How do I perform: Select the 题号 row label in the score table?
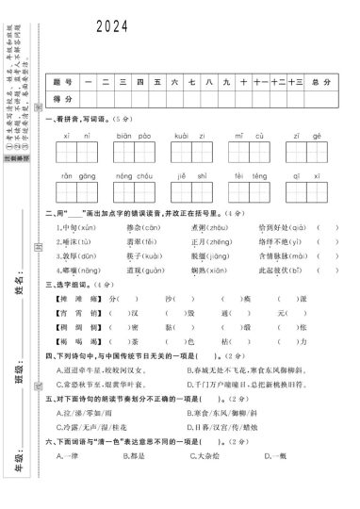tap(62, 82)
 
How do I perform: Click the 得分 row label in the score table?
tap(62, 98)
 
